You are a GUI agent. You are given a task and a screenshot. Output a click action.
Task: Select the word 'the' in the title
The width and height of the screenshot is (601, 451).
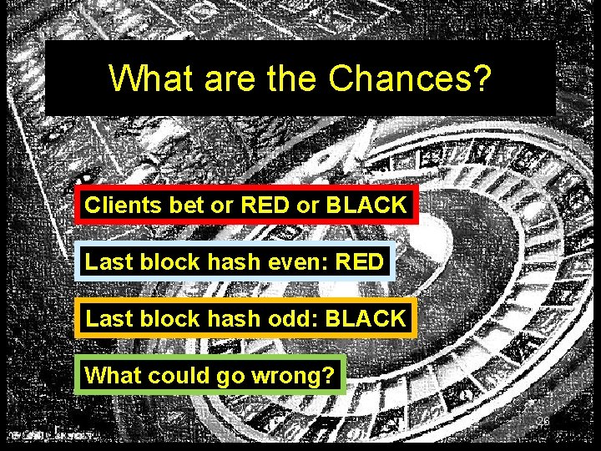click(291, 79)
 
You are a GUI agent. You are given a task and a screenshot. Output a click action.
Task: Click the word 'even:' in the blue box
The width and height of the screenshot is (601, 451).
click(296, 261)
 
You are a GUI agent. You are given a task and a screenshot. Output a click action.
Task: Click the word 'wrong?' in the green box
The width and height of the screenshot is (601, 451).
click(299, 375)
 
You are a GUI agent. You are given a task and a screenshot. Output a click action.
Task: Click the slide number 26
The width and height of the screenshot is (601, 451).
click(543, 421)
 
